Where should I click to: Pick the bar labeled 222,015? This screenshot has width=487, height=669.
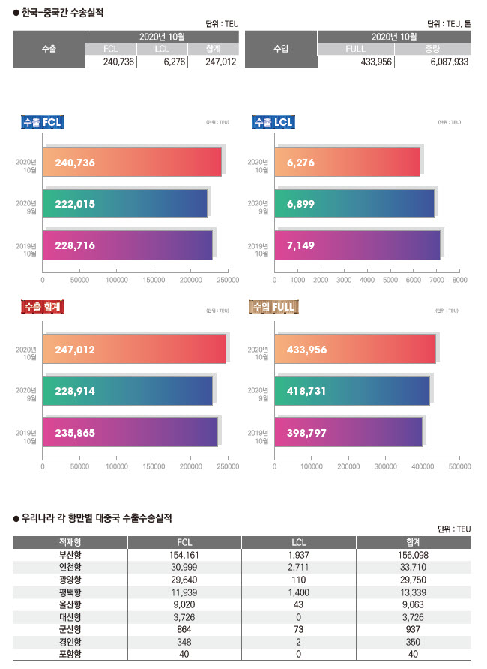124,203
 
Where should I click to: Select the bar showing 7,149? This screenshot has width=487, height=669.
357,245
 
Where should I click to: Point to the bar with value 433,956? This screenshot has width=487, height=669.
355,349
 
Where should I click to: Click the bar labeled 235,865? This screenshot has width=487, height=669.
130,432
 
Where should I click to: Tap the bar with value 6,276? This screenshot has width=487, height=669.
347,162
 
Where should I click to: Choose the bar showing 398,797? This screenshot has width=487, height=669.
348,432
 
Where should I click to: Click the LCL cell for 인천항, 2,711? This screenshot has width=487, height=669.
298,567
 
